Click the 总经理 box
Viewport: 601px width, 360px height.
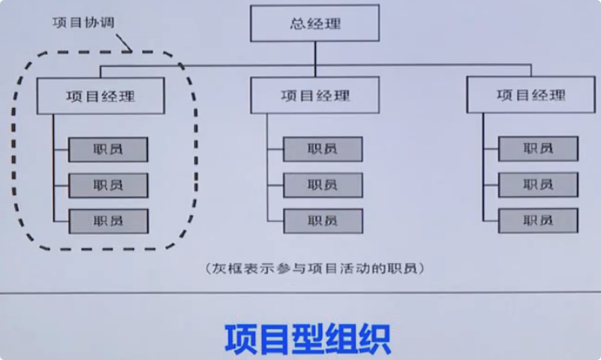click(x=315, y=24)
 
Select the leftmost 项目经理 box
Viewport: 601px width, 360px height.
click(x=100, y=96)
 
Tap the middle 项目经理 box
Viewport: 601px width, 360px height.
click(x=314, y=96)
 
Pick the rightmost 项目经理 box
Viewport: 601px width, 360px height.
click(x=530, y=96)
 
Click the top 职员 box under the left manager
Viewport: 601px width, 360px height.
click(x=108, y=149)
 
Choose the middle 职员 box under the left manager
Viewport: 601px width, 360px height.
click(x=108, y=185)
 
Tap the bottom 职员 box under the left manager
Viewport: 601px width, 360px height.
click(x=108, y=220)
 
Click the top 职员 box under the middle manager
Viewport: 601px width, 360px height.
click(x=323, y=149)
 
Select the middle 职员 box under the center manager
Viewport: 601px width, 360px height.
click(x=323, y=184)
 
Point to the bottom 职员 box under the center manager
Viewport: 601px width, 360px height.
click(x=323, y=220)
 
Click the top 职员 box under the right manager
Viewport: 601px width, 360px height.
click(x=538, y=149)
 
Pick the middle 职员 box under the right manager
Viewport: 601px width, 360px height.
click(x=538, y=184)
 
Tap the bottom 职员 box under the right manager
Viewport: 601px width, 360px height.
click(x=538, y=220)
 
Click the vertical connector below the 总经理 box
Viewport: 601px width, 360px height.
click(x=315, y=52)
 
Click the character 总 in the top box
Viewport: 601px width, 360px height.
click(x=298, y=24)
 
